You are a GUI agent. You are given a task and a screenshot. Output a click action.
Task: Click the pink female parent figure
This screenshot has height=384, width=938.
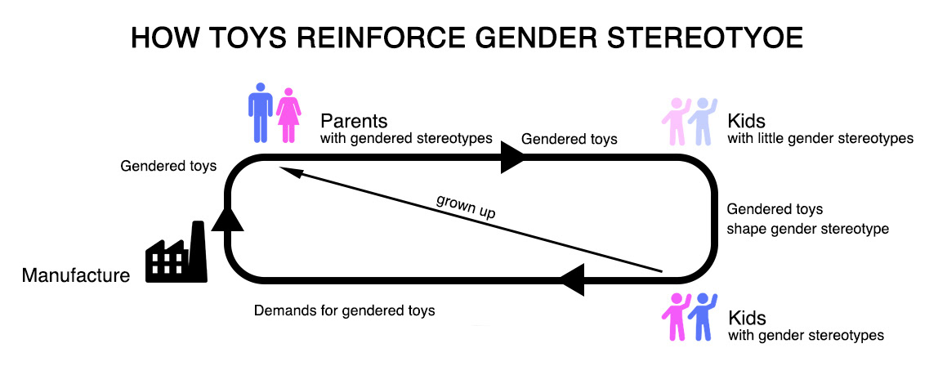(x=288, y=114)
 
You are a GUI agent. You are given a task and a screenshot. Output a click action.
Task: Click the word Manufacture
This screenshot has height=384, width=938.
(x=76, y=275)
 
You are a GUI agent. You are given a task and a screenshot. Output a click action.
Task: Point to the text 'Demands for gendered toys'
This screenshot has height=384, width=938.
(x=344, y=310)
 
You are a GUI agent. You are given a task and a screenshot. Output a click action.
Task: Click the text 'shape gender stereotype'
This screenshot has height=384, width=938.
(x=807, y=229)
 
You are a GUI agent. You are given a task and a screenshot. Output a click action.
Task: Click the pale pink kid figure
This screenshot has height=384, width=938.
(x=676, y=121)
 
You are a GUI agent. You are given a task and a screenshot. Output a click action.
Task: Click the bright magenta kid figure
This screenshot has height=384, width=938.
(x=677, y=317)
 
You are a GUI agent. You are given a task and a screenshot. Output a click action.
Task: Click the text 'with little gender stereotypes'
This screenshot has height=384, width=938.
(x=820, y=138)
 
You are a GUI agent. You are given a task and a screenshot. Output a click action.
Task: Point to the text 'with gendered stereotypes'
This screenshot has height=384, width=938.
(x=405, y=138)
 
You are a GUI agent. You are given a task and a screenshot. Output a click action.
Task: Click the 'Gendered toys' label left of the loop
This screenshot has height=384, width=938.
(x=168, y=166)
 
